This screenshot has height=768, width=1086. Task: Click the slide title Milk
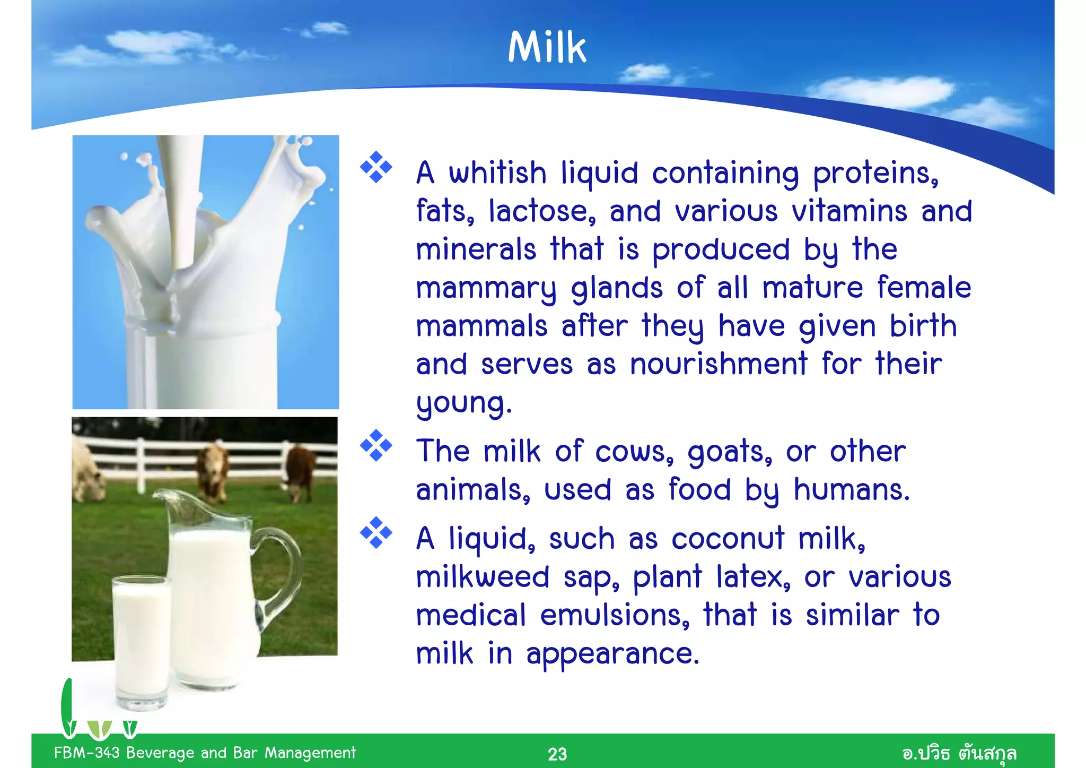[547, 47]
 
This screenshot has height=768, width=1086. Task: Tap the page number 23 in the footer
[557, 754]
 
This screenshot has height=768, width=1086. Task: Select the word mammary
[486, 289]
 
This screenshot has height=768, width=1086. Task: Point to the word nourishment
[719, 365]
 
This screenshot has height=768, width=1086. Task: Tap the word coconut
[728, 539]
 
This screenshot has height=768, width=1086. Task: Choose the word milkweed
[482, 577]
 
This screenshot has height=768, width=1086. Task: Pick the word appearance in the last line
[612, 654]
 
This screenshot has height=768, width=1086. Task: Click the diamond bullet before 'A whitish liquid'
[376, 167]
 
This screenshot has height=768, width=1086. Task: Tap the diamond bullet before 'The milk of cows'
[376, 445]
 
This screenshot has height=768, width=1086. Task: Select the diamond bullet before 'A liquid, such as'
[376, 532]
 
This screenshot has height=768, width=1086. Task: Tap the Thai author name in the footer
[959, 753]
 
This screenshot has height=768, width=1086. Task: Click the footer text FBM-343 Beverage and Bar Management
[205, 753]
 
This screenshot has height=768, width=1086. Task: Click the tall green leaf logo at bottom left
[68, 706]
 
